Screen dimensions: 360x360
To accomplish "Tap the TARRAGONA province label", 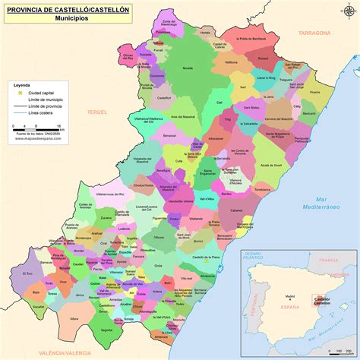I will click(x=315, y=33).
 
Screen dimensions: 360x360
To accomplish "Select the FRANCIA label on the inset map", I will click(x=328, y=260).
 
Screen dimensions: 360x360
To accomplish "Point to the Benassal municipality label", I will click(x=169, y=135).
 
